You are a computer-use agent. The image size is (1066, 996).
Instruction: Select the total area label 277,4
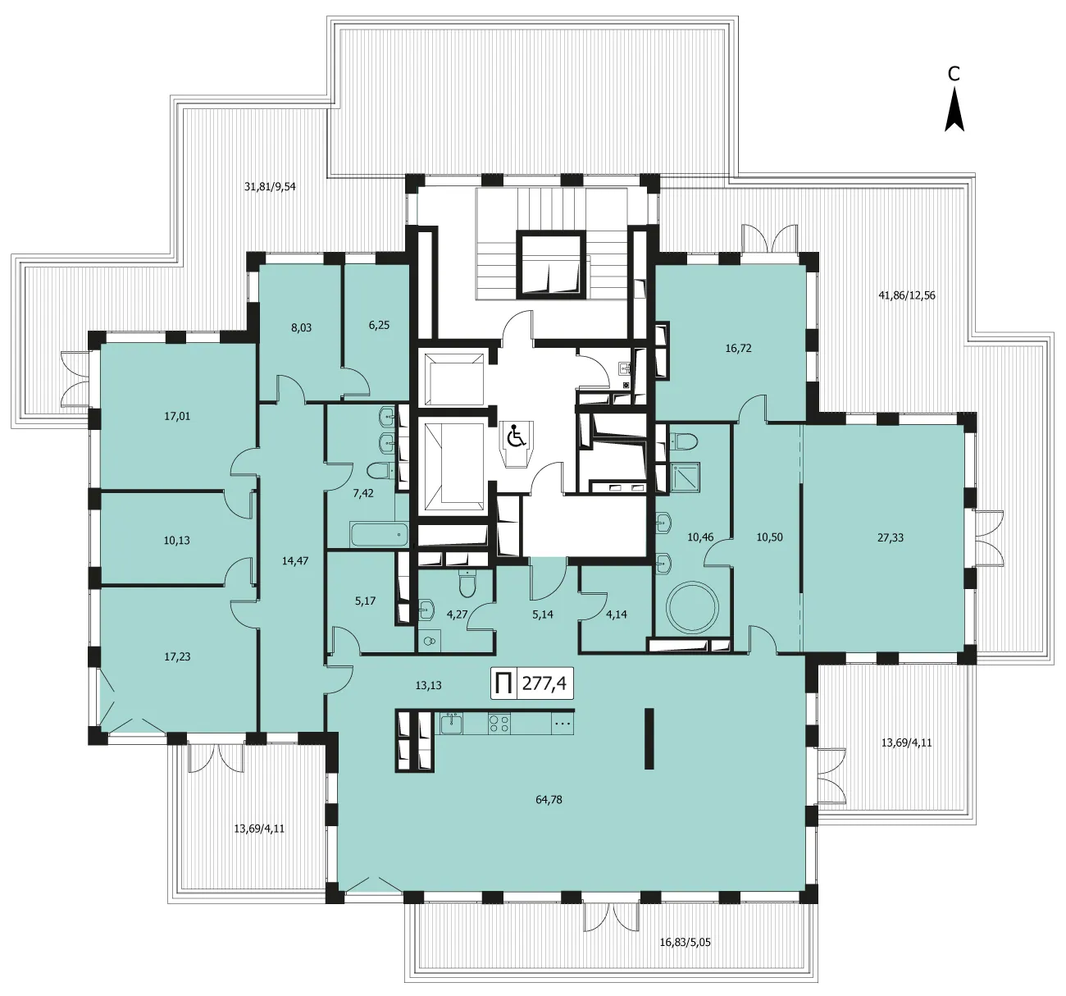click(544, 683)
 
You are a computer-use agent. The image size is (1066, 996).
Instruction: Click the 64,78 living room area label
click(549, 799)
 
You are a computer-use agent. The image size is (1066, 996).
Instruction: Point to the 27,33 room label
click(891, 537)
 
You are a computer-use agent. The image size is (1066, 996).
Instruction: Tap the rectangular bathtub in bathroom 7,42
click(379, 534)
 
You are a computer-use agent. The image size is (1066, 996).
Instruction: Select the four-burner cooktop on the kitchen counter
click(499, 724)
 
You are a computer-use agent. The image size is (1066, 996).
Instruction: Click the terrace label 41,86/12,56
click(907, 295)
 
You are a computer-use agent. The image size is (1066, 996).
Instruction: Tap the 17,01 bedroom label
click(177, 416)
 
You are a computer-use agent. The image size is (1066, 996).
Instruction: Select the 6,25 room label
click(379, 325)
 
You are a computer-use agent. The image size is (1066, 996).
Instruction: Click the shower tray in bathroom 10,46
click(685, 477)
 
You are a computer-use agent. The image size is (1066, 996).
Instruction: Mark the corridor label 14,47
click(295, 561)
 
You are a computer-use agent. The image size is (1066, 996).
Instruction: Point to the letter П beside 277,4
click(503, 684)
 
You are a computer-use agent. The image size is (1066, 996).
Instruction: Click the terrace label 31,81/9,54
click(270, 187)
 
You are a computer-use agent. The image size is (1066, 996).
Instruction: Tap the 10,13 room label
click(176, 541)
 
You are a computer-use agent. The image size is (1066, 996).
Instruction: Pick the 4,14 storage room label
click(616, 614)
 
